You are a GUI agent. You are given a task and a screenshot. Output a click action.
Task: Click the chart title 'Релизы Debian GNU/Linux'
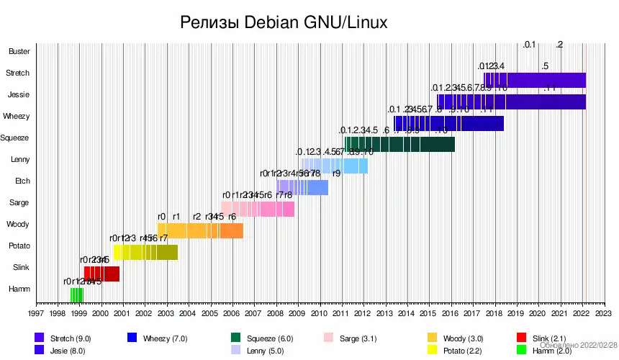(x=284, y=22)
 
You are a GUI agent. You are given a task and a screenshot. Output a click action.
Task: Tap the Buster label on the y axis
(x=19, y=52)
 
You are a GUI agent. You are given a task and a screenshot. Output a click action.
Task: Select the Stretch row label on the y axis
(x=18, y=73)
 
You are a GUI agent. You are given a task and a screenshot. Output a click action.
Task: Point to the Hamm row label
(x=19, y=289)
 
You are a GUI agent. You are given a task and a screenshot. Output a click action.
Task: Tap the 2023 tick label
(x=603, y=314)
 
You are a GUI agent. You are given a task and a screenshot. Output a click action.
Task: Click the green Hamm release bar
(x=76, y=295)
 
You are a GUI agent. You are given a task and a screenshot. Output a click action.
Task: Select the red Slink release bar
(x=101, y=274)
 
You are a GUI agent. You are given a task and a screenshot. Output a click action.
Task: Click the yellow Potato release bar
(x=145, y=252)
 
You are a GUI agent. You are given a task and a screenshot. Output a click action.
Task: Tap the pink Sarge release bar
(x=258, y=209)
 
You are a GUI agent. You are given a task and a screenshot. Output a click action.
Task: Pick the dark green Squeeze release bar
(x=399, y=144)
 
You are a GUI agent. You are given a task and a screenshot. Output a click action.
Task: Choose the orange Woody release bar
(x=200, y=230)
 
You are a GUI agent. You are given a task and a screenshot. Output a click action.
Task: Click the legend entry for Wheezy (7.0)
(x=165, y=338)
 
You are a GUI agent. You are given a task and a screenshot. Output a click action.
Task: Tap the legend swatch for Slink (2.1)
(x=523, y=337)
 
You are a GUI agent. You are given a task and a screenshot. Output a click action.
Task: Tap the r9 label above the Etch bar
(x=336, y=174)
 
